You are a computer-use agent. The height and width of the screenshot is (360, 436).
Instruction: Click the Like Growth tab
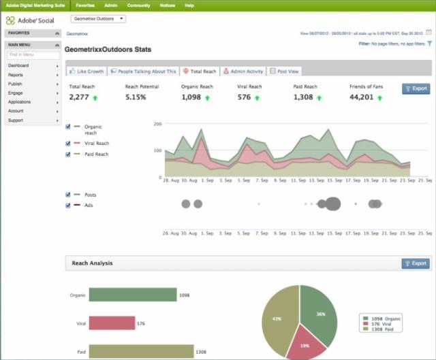tap(87, 71)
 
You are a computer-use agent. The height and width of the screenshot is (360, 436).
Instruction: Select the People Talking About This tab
tap(143, 71)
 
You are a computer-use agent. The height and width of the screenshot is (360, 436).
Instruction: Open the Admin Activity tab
tap(243, 71)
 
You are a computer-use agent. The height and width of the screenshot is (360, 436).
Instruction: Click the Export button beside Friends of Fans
tap(416, 88)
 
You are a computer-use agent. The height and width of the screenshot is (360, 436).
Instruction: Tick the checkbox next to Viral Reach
tap(68, 144)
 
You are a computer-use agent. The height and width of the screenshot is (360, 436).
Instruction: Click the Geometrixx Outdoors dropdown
tap(98, 19)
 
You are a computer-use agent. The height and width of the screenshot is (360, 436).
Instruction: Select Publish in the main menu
tap(16, 84)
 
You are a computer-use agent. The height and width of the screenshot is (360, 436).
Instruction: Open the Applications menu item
tap(19, 101)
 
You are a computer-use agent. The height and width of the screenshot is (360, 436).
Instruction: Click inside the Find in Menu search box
tap(31, 54)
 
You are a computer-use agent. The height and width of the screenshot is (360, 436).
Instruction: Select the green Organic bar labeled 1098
tap(132, 295)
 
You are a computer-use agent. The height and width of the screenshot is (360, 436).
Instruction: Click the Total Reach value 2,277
tap(80, 97)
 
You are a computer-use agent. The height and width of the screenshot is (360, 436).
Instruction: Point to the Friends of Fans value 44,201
tap(361, 97)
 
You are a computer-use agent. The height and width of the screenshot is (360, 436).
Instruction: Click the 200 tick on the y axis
tap(157, 125)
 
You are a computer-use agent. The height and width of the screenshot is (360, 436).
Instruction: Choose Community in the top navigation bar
tap(138, 5)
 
